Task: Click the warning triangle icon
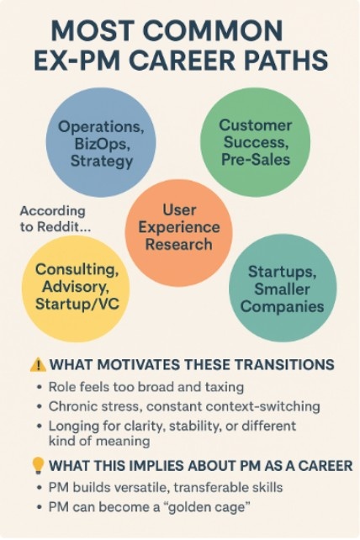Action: [38, 365]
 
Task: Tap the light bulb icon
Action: [38, 465]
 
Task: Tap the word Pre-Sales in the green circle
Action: [255, 158]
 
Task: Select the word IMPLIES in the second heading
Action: [162, 466]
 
